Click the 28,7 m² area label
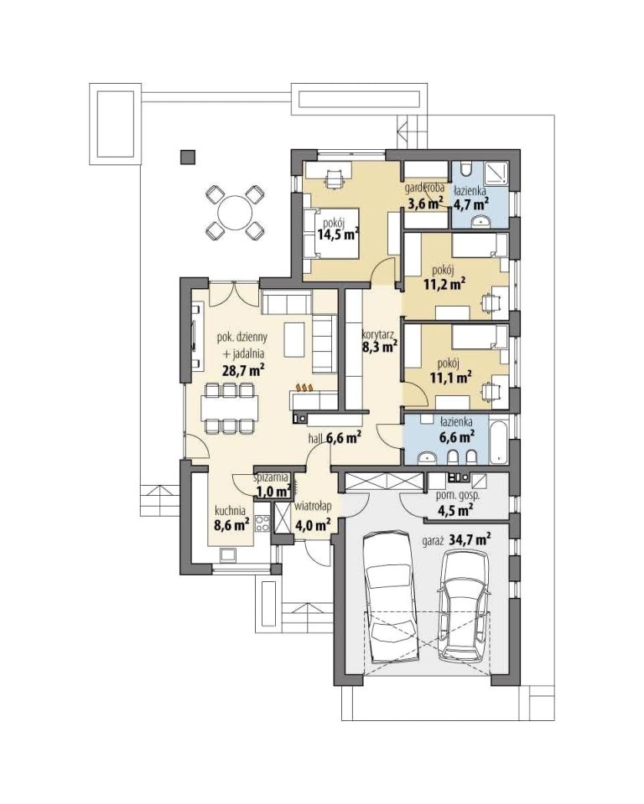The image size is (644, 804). (243, 370)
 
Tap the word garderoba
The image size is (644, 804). (424, 188)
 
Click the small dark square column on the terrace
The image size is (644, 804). (189, 157)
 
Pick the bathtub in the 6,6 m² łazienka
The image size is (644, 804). (498, 441)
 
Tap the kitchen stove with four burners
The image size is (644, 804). (263, 524)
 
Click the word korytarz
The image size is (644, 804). (380, 334)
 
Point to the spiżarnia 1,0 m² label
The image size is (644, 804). (273, 485)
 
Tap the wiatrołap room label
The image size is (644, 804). (313, 506)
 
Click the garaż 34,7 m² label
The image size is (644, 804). (456, 539)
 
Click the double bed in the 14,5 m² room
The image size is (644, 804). (330, 234)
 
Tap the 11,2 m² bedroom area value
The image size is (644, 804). (444, 284)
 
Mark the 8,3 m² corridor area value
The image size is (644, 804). (380, 347)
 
